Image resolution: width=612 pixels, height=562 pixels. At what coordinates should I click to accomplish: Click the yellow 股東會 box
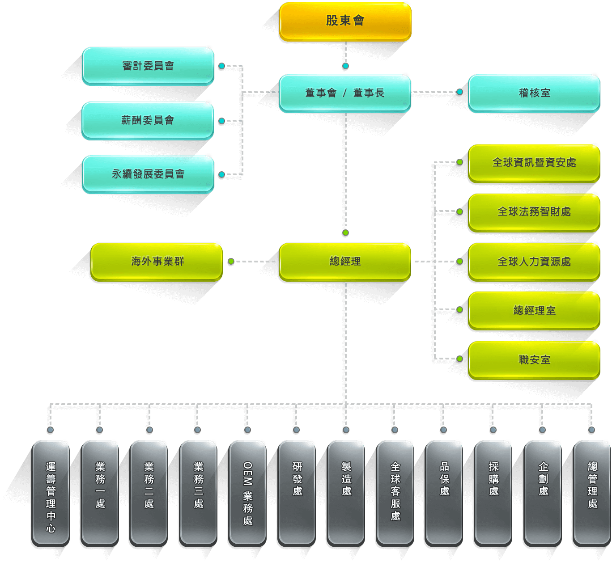(345, 21)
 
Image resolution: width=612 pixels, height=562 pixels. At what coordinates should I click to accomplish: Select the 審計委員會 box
(148, 66)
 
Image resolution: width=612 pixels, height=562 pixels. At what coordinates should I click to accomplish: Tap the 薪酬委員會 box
(148, 120)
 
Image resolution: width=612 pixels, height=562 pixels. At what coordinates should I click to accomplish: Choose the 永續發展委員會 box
(148, 174)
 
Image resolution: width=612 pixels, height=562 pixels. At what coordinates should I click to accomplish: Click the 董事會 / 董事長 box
(345, 93)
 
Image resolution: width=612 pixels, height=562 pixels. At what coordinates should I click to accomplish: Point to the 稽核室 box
(534, 93)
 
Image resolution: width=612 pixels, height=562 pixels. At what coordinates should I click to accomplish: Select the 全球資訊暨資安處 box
(534, 163)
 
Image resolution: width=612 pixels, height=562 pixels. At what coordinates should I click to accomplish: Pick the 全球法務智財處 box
(534, 212)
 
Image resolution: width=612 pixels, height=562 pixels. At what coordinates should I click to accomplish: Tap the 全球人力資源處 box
(534, 262)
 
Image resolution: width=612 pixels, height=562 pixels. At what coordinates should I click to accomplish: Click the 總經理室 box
(534, 310)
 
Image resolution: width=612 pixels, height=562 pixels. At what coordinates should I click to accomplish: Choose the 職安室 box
(534, 360)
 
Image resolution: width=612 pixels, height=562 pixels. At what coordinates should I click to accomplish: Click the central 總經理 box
(345, 262)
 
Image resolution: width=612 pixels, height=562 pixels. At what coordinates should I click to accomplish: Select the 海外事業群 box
(157, 262)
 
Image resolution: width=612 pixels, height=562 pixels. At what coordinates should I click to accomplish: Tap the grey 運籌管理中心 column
(51, 493)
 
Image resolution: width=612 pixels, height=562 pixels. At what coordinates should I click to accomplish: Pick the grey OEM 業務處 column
(247, 493)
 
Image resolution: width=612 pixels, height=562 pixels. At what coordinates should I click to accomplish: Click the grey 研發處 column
(297, 493)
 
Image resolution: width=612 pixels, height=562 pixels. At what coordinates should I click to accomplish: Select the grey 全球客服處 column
(395, 493)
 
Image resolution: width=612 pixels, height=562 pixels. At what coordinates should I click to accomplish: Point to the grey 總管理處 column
(592, 493)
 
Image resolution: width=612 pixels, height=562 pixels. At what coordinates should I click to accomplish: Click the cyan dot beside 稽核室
(459, 92)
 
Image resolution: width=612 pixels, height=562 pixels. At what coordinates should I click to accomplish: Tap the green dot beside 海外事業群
(231, 262)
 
